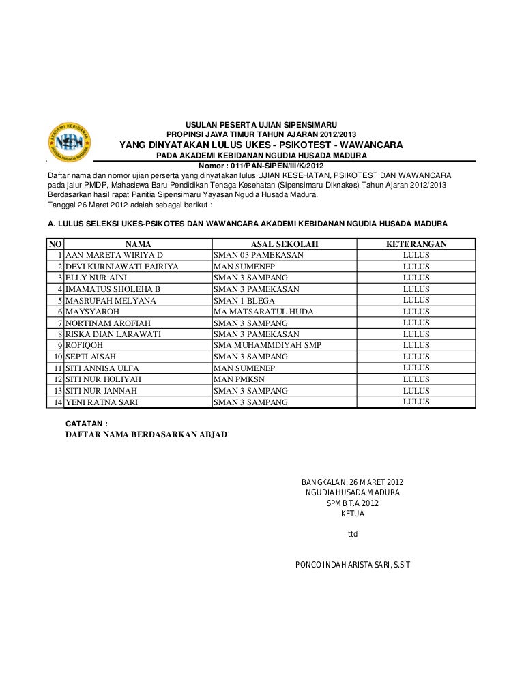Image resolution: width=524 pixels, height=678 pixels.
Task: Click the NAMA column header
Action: pos(138,244)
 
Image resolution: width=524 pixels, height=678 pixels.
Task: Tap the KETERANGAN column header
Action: pos(416,244)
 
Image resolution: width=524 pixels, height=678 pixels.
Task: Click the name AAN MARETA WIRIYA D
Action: pos(114,255)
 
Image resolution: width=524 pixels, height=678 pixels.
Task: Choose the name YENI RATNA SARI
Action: pos(101,402)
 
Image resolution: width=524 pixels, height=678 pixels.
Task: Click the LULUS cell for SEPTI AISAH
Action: pos(416,357)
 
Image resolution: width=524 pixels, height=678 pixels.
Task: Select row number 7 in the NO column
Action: pos(60,323)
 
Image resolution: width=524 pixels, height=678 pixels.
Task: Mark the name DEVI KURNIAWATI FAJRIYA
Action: pos(122,266)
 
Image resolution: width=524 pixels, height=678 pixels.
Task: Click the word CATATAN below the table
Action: pos(87,424)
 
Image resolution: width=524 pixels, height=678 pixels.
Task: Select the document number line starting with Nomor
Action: pos(260,164)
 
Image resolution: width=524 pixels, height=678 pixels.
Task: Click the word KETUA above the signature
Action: pos(352,514)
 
